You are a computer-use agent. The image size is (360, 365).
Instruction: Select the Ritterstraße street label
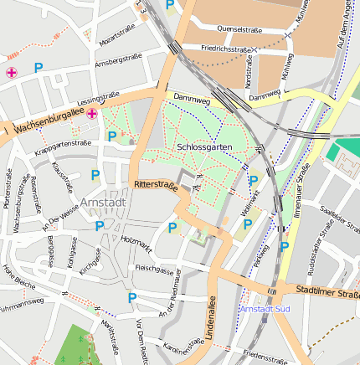[155, 186]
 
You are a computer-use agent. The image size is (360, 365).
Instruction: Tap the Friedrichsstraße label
[227, 49]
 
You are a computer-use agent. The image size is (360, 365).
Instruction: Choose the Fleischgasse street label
[154, 270]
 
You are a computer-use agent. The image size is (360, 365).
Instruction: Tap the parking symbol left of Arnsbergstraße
[38, 67]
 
